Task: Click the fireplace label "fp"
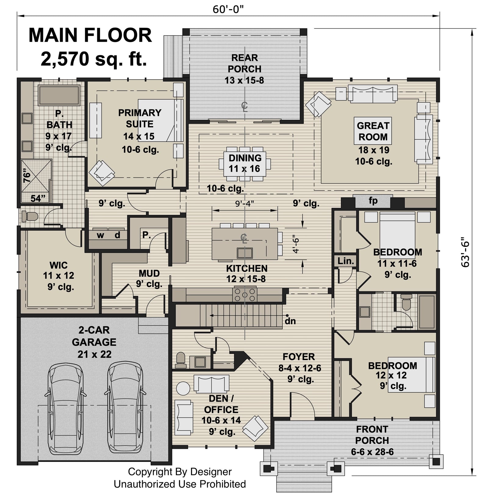[373, 201]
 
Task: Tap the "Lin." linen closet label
[346, 261]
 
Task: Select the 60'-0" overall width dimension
[228, 9]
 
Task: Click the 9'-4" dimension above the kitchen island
[245, 203]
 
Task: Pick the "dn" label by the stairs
[290, 321]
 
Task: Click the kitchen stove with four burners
[245, 295]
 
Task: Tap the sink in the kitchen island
[245, 253]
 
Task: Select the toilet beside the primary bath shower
[30, 216]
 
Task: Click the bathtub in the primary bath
[59, 95]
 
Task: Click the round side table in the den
[183, 388]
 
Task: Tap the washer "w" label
[100, 235]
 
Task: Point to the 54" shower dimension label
[38, 198]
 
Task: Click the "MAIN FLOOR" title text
[90, 35]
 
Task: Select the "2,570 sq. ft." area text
[94, 59]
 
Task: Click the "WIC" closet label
[59, 265]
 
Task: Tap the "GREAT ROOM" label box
[373, 131]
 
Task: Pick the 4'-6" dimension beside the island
[295, 244]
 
